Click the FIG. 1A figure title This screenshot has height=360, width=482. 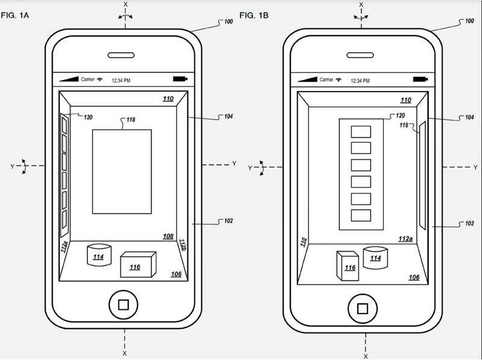tap(14, 15)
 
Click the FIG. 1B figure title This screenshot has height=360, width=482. tap(254, 15)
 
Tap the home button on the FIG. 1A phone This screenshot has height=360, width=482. tap(124, 305)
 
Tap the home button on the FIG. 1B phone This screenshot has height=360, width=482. tap(363, 308)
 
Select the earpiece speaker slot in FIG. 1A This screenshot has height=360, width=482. tap(121, 55)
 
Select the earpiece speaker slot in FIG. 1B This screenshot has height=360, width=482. tap(360, 55)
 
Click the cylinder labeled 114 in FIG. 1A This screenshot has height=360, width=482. tap(99, 255)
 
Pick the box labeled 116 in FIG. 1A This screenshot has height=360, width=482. tap(138, 264)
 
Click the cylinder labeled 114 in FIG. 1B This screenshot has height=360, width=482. tap(375, 258)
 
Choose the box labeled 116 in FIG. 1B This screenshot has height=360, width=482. tap(348, 266)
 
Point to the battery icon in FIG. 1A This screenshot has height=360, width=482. tap(180, 79)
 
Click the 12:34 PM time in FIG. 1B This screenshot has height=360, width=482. tap(360, 81)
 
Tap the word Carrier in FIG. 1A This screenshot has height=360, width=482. tap(87, 79)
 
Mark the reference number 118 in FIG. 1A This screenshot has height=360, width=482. tap(131, 119)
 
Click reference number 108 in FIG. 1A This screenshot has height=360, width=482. tap(168, 236)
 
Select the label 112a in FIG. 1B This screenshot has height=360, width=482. tap(405, 238)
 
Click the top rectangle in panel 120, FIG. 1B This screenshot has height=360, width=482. tap(361, 132)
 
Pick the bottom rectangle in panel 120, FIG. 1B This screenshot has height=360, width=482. tap(361, 216)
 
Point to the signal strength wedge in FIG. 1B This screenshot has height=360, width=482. tap(307, 79)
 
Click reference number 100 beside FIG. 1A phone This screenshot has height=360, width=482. tap(228, 22)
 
